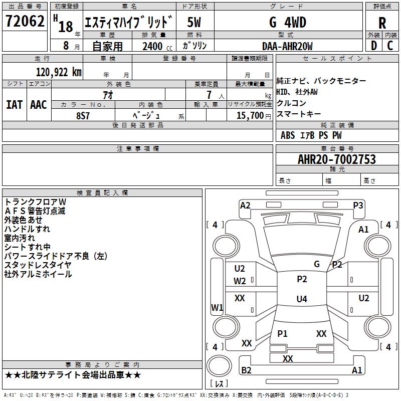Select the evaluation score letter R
(382, 23)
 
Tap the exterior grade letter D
(373, 46)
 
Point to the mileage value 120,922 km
(59, 72)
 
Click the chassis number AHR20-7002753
(336, 159)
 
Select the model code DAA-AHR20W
(287, 46)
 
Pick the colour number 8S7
(83, 115)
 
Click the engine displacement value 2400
(152, 46)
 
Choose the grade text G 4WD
(287, 23)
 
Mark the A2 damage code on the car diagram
(245, 205)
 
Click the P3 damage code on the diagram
(358, 205)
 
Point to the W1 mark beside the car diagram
(217, 307)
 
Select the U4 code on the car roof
(301, 299)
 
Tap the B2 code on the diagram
(247, 370)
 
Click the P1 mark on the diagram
(282, 333)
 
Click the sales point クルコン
(291, 103)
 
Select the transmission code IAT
(14, 105)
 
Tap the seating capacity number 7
(208, 94)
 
